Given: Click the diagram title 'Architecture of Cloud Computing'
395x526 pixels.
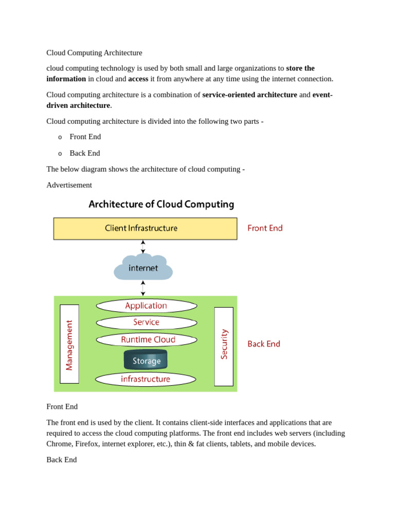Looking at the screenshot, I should tap(161, 204).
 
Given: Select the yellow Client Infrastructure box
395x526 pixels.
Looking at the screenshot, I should tap(145, 229).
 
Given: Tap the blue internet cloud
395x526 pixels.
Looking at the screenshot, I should tap(143, 268).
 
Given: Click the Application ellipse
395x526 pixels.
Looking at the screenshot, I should tap(146, 306).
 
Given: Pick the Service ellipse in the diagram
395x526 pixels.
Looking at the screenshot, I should tap(146, 323).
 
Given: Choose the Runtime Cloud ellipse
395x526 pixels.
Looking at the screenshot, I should tap(147, 340).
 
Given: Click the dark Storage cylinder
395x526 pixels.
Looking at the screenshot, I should tap(146, 360).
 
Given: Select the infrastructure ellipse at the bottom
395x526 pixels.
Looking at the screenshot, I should tap(146, 379).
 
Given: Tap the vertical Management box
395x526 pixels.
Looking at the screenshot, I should tap(69, 344).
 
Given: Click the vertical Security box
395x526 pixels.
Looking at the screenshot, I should tap(224, 346).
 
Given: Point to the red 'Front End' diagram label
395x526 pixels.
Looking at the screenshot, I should tap(265, 228).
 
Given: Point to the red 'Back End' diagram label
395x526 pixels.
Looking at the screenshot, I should tap(264, 344).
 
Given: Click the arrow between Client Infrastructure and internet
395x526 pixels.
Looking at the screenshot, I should tap(143, 247).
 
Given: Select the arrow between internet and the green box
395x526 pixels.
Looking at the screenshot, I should tap(143, 288).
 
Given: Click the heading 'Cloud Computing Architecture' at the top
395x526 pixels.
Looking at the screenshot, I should tap(94, 53).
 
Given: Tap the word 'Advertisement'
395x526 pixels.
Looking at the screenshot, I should tap(69, 185).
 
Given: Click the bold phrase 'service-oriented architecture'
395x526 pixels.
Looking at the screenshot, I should tap(249, 95).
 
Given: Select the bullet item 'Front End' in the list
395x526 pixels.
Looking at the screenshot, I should tap(85, 137).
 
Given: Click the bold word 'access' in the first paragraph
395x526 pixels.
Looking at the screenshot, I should tap(138, 79).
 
